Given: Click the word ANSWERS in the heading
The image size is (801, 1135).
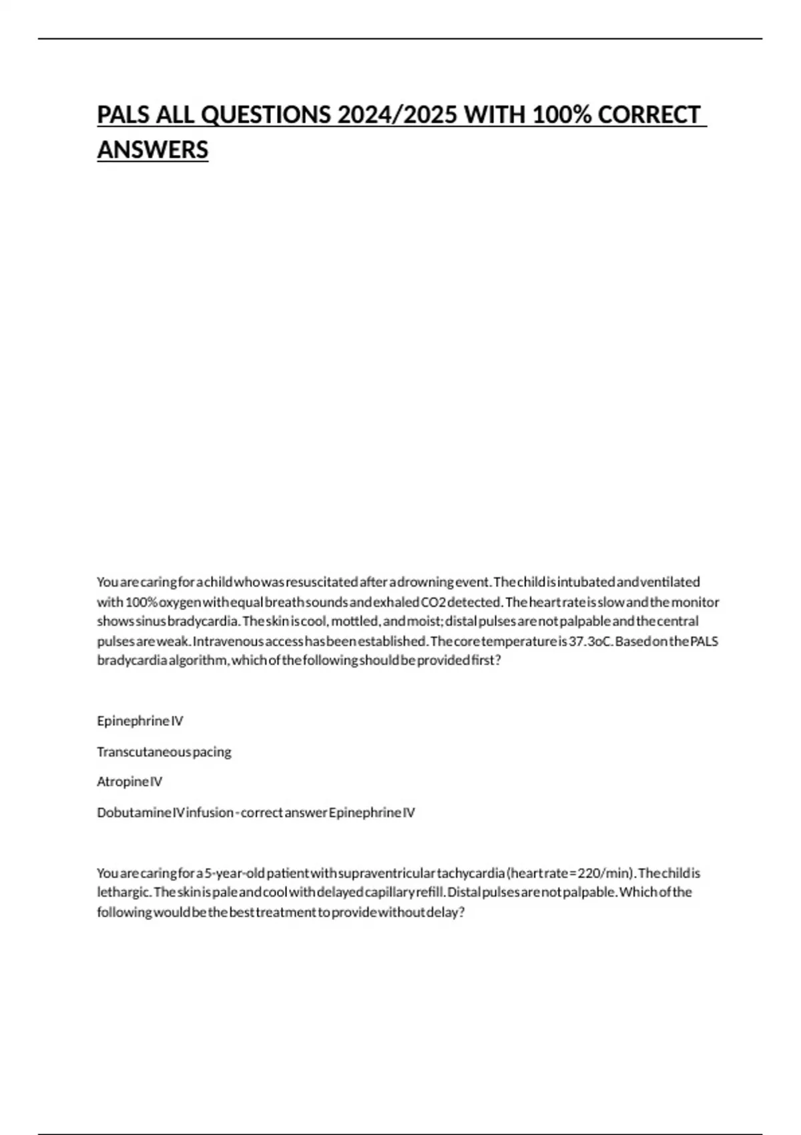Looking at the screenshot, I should click(x=153, y=150).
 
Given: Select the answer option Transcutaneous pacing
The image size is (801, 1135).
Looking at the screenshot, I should click(x=164, y=752).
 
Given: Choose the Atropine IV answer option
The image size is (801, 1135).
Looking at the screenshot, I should click(x=129, y=782).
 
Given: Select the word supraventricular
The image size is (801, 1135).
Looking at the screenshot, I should click(x=386, y=873).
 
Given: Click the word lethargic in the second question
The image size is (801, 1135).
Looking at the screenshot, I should click(x=124, y=893).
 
